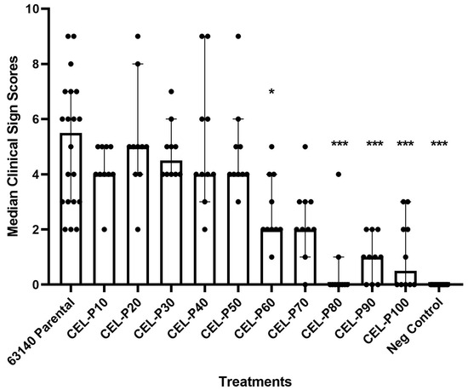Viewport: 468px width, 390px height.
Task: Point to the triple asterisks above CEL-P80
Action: pyautogui.click(x=339, y=146)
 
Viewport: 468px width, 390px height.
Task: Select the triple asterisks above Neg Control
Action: pyautogui.click(x=439, y=146)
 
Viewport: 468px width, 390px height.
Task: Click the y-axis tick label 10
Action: pyautogui.click(x=31, y=9)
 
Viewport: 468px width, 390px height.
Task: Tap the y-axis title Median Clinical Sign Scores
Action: pyautogui.click(x=11, y=146)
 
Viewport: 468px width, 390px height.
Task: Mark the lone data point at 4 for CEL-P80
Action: pyautogui.click(x=339, y=175)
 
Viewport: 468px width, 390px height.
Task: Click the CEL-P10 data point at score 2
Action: pyautogui.click(x=105, y=230)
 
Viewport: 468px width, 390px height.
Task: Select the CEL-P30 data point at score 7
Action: pyautogui.click(x=172, y=91)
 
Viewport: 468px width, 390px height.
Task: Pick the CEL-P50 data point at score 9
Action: pyautogui.click(x=238, y=36)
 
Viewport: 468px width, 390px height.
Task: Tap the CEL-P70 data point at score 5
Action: pyautogui.click(x=305, y=146)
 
